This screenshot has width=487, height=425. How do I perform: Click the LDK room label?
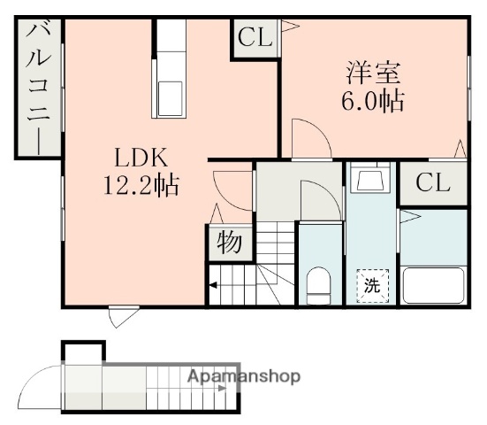141,158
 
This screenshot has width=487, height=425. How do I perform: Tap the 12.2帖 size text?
141,186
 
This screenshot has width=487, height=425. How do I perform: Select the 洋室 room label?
373,73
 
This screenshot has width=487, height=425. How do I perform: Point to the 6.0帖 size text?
373,101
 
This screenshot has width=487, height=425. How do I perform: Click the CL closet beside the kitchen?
255,38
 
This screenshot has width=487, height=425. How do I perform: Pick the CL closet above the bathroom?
433,183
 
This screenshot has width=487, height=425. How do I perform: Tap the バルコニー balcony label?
38,88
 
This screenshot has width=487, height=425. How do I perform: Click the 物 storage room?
230,243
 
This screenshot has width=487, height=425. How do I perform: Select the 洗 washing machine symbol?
372,286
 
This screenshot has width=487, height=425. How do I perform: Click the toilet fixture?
318,285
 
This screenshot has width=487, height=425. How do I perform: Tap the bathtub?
433,285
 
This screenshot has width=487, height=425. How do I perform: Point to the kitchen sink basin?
170,98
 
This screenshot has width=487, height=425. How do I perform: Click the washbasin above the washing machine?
370,180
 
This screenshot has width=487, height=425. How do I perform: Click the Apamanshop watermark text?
244,376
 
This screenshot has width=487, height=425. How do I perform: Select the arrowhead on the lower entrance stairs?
223,388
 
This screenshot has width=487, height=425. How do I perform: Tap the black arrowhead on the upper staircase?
213,285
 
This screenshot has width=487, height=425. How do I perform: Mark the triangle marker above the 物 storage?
217,213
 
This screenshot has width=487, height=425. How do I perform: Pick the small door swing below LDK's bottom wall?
125,318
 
